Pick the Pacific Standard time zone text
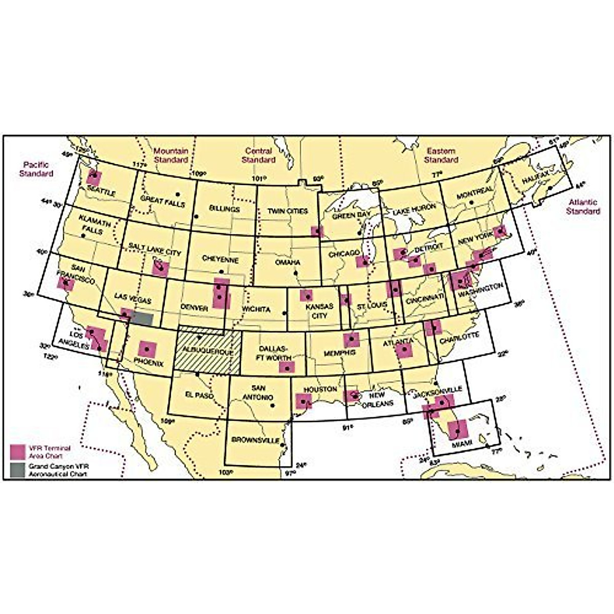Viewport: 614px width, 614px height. pyautogui.click(x=36, y=169)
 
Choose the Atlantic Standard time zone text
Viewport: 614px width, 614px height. pyautogui.click(x=583, y=207)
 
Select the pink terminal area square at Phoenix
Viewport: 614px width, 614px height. pyautogui.click(x=147, y=349)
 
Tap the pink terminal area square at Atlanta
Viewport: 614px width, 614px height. pyautogui.click(x=404, y=350)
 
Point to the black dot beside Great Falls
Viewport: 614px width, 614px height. pyautogui.click(x=178, y=194)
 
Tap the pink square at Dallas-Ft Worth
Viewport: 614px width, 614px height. pyautogui.click(x=287, y=367)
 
